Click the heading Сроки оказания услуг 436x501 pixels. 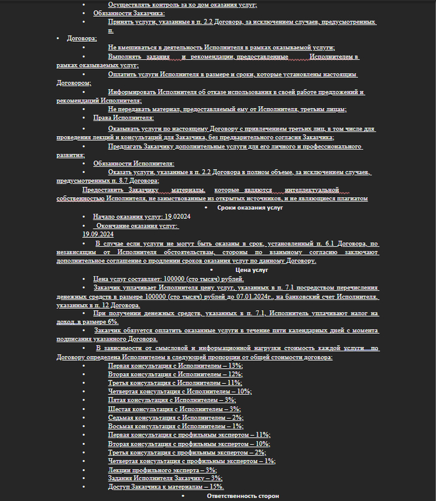coord(250,207)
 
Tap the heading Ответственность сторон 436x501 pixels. coord(243,495)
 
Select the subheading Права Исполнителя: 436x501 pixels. coord(123,117)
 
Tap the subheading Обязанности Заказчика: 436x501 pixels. coord(129,12)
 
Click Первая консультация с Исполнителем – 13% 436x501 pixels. coord(175,366)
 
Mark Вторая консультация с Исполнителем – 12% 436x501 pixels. coord(175,374)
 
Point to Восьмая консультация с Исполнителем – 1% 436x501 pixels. coord(175,426)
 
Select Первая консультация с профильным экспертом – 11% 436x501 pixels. coord(189,435)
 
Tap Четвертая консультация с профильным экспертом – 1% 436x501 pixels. coord(191,461)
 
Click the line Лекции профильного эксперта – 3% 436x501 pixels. coord(163,470)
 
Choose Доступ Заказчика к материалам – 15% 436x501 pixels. coord(166,487)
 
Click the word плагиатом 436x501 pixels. coord(350,198)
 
